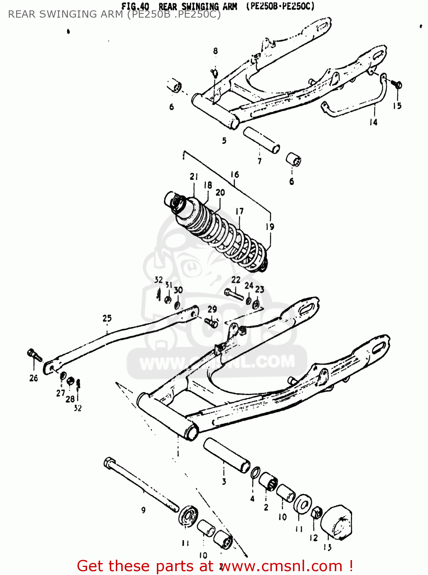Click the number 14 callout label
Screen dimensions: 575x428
[373, 122]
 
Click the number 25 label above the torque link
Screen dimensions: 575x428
[107, 318]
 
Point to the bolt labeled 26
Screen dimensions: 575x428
[34, 354]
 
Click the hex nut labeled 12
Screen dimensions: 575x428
[317, 513]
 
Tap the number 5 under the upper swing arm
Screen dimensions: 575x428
[224, 141]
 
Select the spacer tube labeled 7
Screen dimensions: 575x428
[262, 140]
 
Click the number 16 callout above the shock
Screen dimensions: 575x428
[235, 175]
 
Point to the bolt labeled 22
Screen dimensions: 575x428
[234, 294]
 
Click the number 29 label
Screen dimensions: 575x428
[212, 309]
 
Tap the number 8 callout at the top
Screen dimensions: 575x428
[216, 51]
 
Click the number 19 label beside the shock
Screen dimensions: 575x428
[270, 227]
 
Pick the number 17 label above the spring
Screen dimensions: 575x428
[239, 211]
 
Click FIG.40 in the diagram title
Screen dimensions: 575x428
[135, 6]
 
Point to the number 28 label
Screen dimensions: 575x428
[70, 399]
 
